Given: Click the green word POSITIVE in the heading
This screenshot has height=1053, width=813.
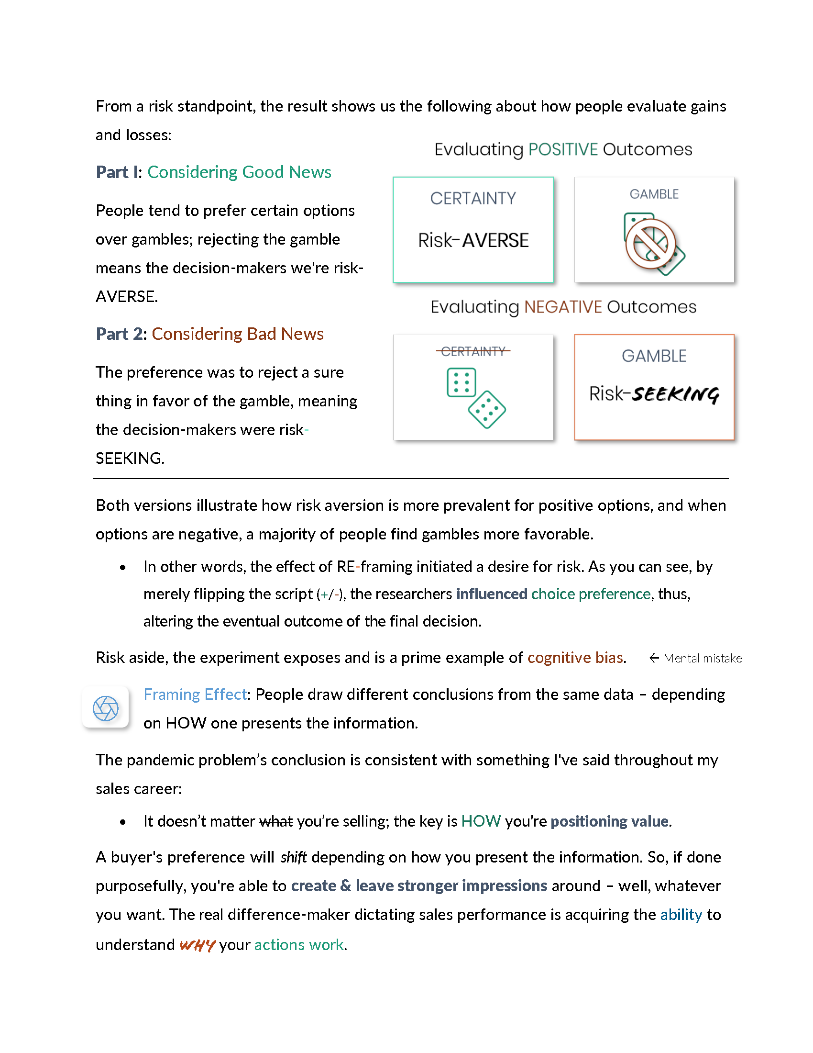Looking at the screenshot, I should tap(562, 149).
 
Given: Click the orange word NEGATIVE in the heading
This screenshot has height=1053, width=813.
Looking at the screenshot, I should tap(562, 307).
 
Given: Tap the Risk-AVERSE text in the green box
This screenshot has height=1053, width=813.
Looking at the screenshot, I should tap(473, 240).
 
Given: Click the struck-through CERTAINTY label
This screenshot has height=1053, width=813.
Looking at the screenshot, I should tap(473, 351).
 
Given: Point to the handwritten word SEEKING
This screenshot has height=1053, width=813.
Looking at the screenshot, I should tap(675, 394).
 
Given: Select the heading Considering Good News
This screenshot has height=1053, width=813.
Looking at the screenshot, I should tap(239, 172).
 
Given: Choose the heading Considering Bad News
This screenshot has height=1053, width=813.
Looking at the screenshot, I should tap(238, 334).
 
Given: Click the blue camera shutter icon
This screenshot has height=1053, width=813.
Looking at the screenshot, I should tap(106, 708).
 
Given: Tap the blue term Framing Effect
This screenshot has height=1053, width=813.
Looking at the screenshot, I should tap(195, 695).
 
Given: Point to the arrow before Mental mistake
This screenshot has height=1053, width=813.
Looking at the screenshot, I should tap(654, 658).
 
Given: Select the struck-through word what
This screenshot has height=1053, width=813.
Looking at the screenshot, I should tap(276, 821).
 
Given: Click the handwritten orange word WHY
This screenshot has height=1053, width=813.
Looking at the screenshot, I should tap(197, 945).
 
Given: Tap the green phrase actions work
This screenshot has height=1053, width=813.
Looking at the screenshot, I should tap(299, 944).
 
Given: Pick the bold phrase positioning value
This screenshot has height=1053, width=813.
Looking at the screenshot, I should tap(609, 821).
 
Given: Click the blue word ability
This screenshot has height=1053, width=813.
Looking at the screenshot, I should tap(681, 915).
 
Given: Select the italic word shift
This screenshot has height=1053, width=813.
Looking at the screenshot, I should tap(293, 857).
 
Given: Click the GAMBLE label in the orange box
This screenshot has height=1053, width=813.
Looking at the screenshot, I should tap(654, 356).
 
